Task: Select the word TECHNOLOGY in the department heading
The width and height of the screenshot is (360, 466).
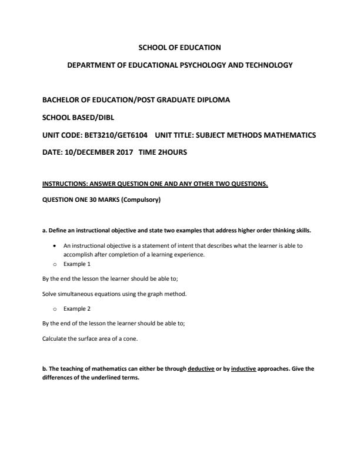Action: click(266, 65)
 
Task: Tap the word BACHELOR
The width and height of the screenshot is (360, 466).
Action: click(59, 100)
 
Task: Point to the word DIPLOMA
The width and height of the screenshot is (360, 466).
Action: click(212, 100)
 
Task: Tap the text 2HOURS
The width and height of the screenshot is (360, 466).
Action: click(171, 152)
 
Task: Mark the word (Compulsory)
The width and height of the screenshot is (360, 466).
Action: click(140, 199)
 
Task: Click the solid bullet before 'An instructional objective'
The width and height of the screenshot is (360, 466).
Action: click(55, 245)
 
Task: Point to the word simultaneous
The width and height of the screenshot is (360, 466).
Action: click(70, 294)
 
